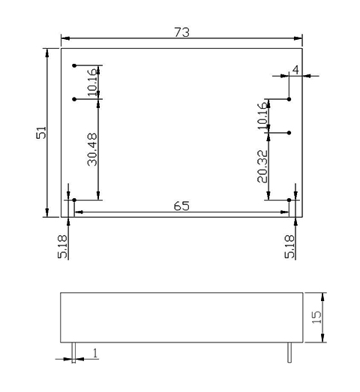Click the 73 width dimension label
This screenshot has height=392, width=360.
click(181, 32)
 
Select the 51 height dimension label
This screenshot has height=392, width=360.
click(41, 133)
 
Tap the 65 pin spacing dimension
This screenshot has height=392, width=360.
click(181, 206)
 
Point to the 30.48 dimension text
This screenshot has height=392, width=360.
click(92, 149)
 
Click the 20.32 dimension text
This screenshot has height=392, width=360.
click(262, 166)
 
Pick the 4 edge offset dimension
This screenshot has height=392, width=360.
click(295, 70)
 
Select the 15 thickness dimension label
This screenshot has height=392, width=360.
click(317, 317)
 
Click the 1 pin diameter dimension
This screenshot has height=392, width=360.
click(95, 353)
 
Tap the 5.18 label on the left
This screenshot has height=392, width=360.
click(62, 246)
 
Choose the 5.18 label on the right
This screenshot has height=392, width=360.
click(289, 246)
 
